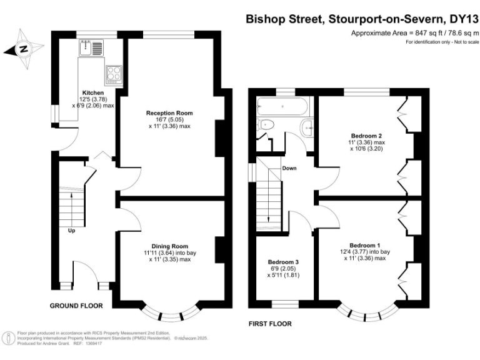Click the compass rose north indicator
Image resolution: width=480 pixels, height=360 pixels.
pos(22,48)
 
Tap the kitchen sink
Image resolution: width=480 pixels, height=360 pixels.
pos(86,47)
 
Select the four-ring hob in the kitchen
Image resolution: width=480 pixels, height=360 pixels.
pos(114,74)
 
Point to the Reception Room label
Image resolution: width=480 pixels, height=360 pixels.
pos(169,113)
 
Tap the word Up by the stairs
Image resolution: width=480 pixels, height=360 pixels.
pos(72,231)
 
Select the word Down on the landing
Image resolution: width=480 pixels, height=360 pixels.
pos(289,168)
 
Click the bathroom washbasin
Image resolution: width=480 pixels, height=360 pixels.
pos(307,127)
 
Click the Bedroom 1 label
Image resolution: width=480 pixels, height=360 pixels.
pos(364,245)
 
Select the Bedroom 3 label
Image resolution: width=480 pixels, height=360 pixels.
pos(283,261)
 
